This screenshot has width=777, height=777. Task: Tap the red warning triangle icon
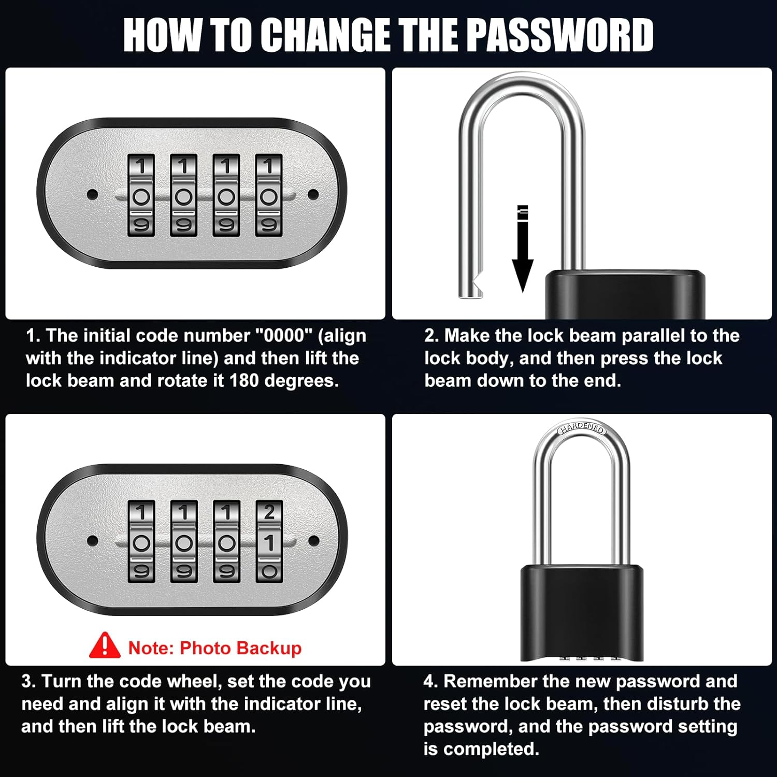click(105, 645)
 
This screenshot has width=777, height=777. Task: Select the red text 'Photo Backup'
click(240, 648)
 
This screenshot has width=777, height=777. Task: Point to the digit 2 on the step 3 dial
click(269, 513)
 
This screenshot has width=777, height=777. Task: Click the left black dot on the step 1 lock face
click(93, 195)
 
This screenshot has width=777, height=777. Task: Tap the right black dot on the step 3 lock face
click(313, 541)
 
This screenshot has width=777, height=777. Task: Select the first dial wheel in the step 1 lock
click(141, 195)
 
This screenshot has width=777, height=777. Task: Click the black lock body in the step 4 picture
click(582, 611)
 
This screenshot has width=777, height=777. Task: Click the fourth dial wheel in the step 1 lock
click(269, 195)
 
